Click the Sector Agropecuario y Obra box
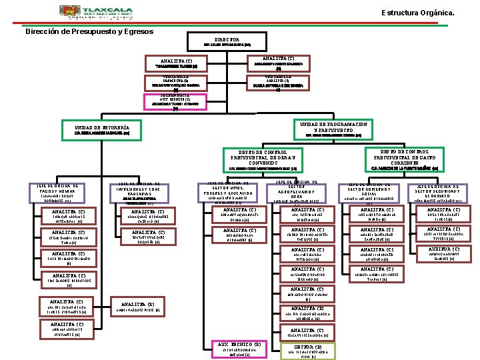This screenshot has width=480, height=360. click(303, 190)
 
